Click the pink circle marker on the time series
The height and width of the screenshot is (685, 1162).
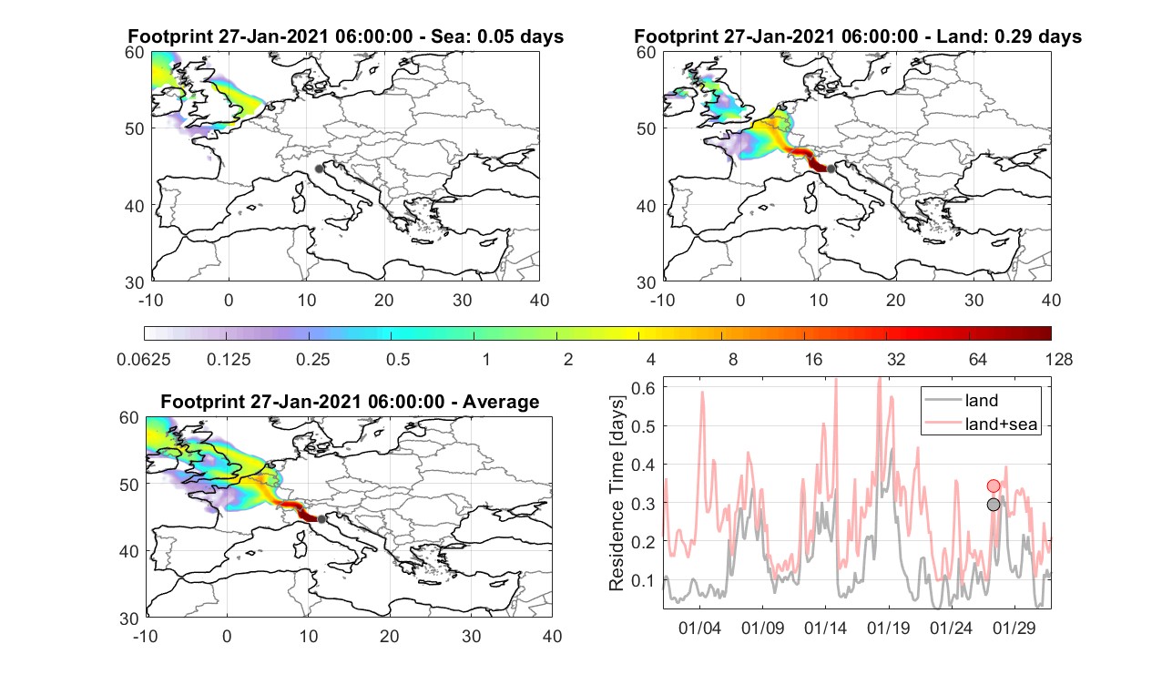[x=994, y=486]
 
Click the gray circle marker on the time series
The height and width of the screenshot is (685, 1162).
[x=994, y=505]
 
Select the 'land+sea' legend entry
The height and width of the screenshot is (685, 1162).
[x=982, y=424]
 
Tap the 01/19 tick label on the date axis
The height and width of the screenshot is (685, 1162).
[x=889, y=629]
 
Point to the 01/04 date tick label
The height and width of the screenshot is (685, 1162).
[x=699, y=629]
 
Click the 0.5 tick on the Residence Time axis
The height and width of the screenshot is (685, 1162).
[x=643, y=426]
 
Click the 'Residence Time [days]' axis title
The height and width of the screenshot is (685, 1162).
[x=617, y=494]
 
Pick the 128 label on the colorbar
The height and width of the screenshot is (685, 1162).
[x=1059, y=359]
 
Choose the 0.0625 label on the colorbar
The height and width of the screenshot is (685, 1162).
[x=144, y=359]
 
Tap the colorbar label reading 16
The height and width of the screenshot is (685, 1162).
[x=813, y=359]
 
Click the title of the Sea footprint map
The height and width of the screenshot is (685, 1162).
[x=345, y=36]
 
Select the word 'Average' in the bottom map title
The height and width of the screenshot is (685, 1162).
[x=501, y=402]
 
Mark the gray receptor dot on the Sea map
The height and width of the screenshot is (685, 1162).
[x=319, y=169]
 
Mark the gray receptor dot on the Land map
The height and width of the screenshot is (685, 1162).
[x=831, y=169]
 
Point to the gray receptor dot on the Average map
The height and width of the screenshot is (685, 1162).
[x=321, y=519]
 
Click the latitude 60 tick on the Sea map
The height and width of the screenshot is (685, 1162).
[x=135, y=53]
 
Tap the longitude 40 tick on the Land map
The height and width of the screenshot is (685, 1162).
[x=1051, y=300]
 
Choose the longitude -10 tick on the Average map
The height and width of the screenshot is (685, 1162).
[x=146, y=636]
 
